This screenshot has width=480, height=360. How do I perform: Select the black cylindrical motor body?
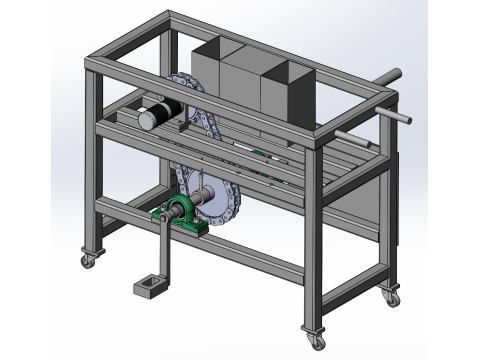(166, 109)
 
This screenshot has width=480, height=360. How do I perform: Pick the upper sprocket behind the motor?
(185, 90)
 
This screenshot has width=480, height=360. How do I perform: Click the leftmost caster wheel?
(88, 260)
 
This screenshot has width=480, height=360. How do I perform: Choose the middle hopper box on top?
(240, 85)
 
